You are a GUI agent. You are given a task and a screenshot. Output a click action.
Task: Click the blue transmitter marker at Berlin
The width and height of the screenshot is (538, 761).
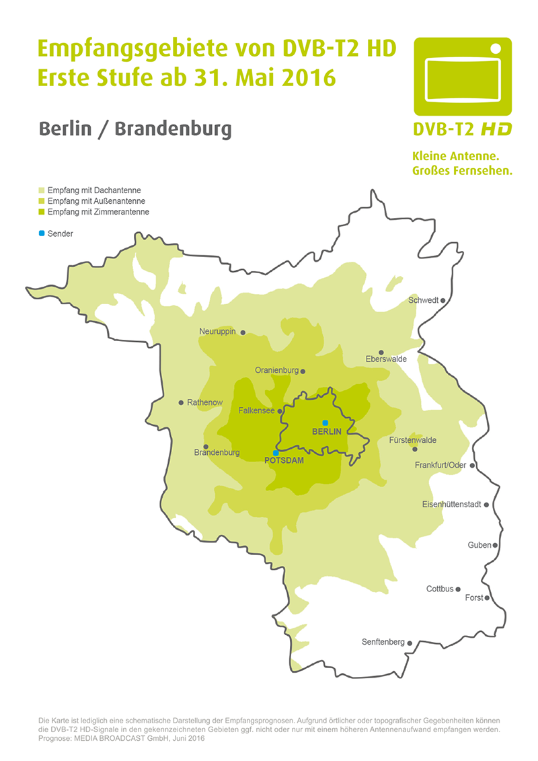coord(325,422)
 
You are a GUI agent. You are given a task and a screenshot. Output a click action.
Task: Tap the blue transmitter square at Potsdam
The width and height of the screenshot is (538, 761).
coord(275,453)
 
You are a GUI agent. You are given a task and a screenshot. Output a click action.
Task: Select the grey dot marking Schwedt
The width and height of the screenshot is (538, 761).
coord(443,301)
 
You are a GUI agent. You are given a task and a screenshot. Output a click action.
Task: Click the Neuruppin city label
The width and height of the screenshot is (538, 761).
coord(217,332)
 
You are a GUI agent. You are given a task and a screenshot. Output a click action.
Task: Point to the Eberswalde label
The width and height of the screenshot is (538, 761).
coord(385,359)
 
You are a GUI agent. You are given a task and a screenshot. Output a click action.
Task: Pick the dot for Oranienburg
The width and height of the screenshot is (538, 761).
coord(303,371)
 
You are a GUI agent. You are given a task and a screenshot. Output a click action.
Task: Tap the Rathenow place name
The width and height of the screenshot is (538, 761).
coord(205,403)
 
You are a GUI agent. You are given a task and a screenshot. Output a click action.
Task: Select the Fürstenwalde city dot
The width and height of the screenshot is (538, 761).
coord(415,449)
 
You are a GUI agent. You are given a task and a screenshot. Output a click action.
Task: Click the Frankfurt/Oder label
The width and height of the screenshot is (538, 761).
coord(440,466)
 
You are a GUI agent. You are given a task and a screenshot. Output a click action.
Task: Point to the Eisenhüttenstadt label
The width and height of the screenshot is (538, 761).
coord(451,505)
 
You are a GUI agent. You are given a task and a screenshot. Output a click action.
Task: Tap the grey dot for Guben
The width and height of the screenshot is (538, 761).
coord(496,546)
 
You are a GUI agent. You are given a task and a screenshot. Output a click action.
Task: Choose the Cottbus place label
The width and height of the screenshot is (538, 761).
coord(440,589)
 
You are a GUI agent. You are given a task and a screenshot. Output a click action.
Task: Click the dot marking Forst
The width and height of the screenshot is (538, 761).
coord(488,597)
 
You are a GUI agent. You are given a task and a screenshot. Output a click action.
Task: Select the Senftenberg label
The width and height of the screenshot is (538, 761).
coord(383,643)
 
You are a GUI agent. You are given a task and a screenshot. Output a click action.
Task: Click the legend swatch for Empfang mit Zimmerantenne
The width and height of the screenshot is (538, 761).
coord(42,212)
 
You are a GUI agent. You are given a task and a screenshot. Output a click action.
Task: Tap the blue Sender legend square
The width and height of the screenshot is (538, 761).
coord(42,233)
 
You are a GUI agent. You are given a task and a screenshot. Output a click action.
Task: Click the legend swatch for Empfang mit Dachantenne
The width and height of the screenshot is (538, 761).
coord(42,190)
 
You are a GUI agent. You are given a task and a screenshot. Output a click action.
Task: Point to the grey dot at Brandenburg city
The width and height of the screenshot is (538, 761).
coord(206,446)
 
